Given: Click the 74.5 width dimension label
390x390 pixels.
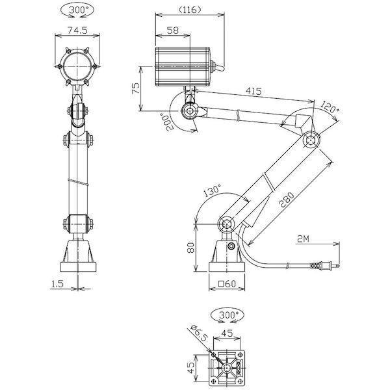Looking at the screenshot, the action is pos(77,31).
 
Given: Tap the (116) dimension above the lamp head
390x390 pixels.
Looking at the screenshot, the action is pos(190,10).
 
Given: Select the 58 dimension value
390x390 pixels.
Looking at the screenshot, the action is pos(173,31).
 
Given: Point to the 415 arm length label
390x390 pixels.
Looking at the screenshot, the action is pos(253,91).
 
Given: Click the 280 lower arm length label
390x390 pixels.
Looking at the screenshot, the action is pos(287,200).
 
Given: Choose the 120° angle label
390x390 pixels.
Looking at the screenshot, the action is pos(330,107).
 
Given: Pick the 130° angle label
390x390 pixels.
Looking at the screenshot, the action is pos(212,190).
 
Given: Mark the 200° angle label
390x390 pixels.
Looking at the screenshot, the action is pos(168,122).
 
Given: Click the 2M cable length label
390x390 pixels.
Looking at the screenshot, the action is pos(303,239).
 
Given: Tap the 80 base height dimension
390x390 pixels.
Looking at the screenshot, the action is pos(191,248).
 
